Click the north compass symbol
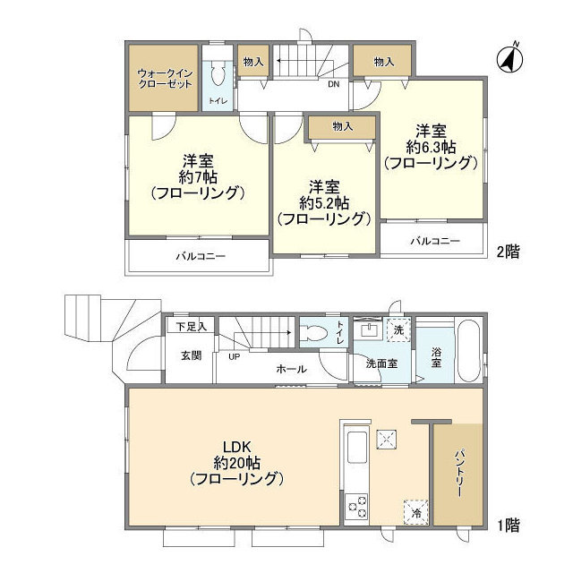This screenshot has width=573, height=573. (x=509, y=58)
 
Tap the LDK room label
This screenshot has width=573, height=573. (x=236, y=447)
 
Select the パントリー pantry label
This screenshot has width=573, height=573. (x=459, y=474)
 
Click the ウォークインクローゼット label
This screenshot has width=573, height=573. (x=165, y=79)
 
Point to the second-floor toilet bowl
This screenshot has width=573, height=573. (x=218, y=74)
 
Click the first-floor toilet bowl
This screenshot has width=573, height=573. (x=315, y=332)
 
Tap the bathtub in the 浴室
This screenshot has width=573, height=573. (x=469, y=352)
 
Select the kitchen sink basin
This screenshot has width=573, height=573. (x=356, y=448)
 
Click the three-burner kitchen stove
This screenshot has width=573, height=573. (x=357, y=506)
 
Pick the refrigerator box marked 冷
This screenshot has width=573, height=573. (x=415, y=512)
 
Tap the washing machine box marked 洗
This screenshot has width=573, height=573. (x=398, y=330)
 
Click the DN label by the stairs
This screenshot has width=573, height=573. (x=333, y=84)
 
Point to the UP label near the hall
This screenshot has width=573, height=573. (x=235, y=356)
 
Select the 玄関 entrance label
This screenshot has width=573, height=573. (x=191, y=355)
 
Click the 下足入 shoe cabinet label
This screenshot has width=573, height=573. (x=191, y=326)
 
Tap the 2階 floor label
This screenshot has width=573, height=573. (x=508, y=252)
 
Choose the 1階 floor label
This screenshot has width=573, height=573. (x=508, y=526)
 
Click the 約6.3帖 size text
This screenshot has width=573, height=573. (x=431, y=147)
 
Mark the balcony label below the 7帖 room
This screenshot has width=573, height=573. (x=201, y=256)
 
